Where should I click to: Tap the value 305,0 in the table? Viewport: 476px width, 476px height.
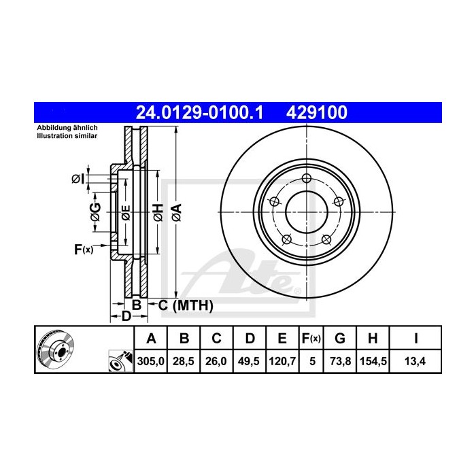[152, 362]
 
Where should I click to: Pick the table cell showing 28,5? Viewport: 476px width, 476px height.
[184, 362]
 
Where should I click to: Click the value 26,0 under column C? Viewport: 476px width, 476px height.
[216, 362]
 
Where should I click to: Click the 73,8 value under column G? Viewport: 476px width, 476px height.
[340, 362]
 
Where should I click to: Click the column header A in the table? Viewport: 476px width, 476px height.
[152, 338]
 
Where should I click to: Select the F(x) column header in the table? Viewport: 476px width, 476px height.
[311, 338]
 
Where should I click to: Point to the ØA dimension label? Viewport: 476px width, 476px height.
[175, 212]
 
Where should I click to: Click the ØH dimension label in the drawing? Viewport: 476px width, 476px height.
[157, 212]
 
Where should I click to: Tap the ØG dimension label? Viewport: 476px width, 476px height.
[96, 212]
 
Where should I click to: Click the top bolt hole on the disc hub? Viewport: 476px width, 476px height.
[305, 180]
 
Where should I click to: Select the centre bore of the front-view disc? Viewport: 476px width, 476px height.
[305, 212]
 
